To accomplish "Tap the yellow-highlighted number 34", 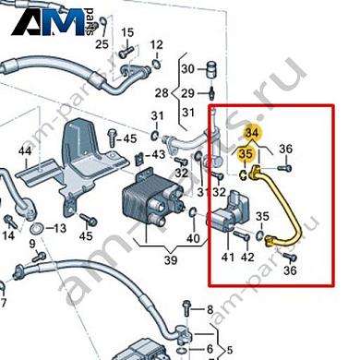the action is tap(252, 135).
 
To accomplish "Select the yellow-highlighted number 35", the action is tap(246, 153).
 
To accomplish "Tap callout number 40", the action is tap(193, 240).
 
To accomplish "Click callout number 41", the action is tap(225, 257).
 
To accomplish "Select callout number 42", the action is tap(247, 257).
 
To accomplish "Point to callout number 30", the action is tap(187, 68).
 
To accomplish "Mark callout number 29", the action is tap(187, 94).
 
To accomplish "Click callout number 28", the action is tap(161, 94).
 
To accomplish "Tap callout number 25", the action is tap(102, 43).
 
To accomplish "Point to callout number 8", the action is tap(210, 308).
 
